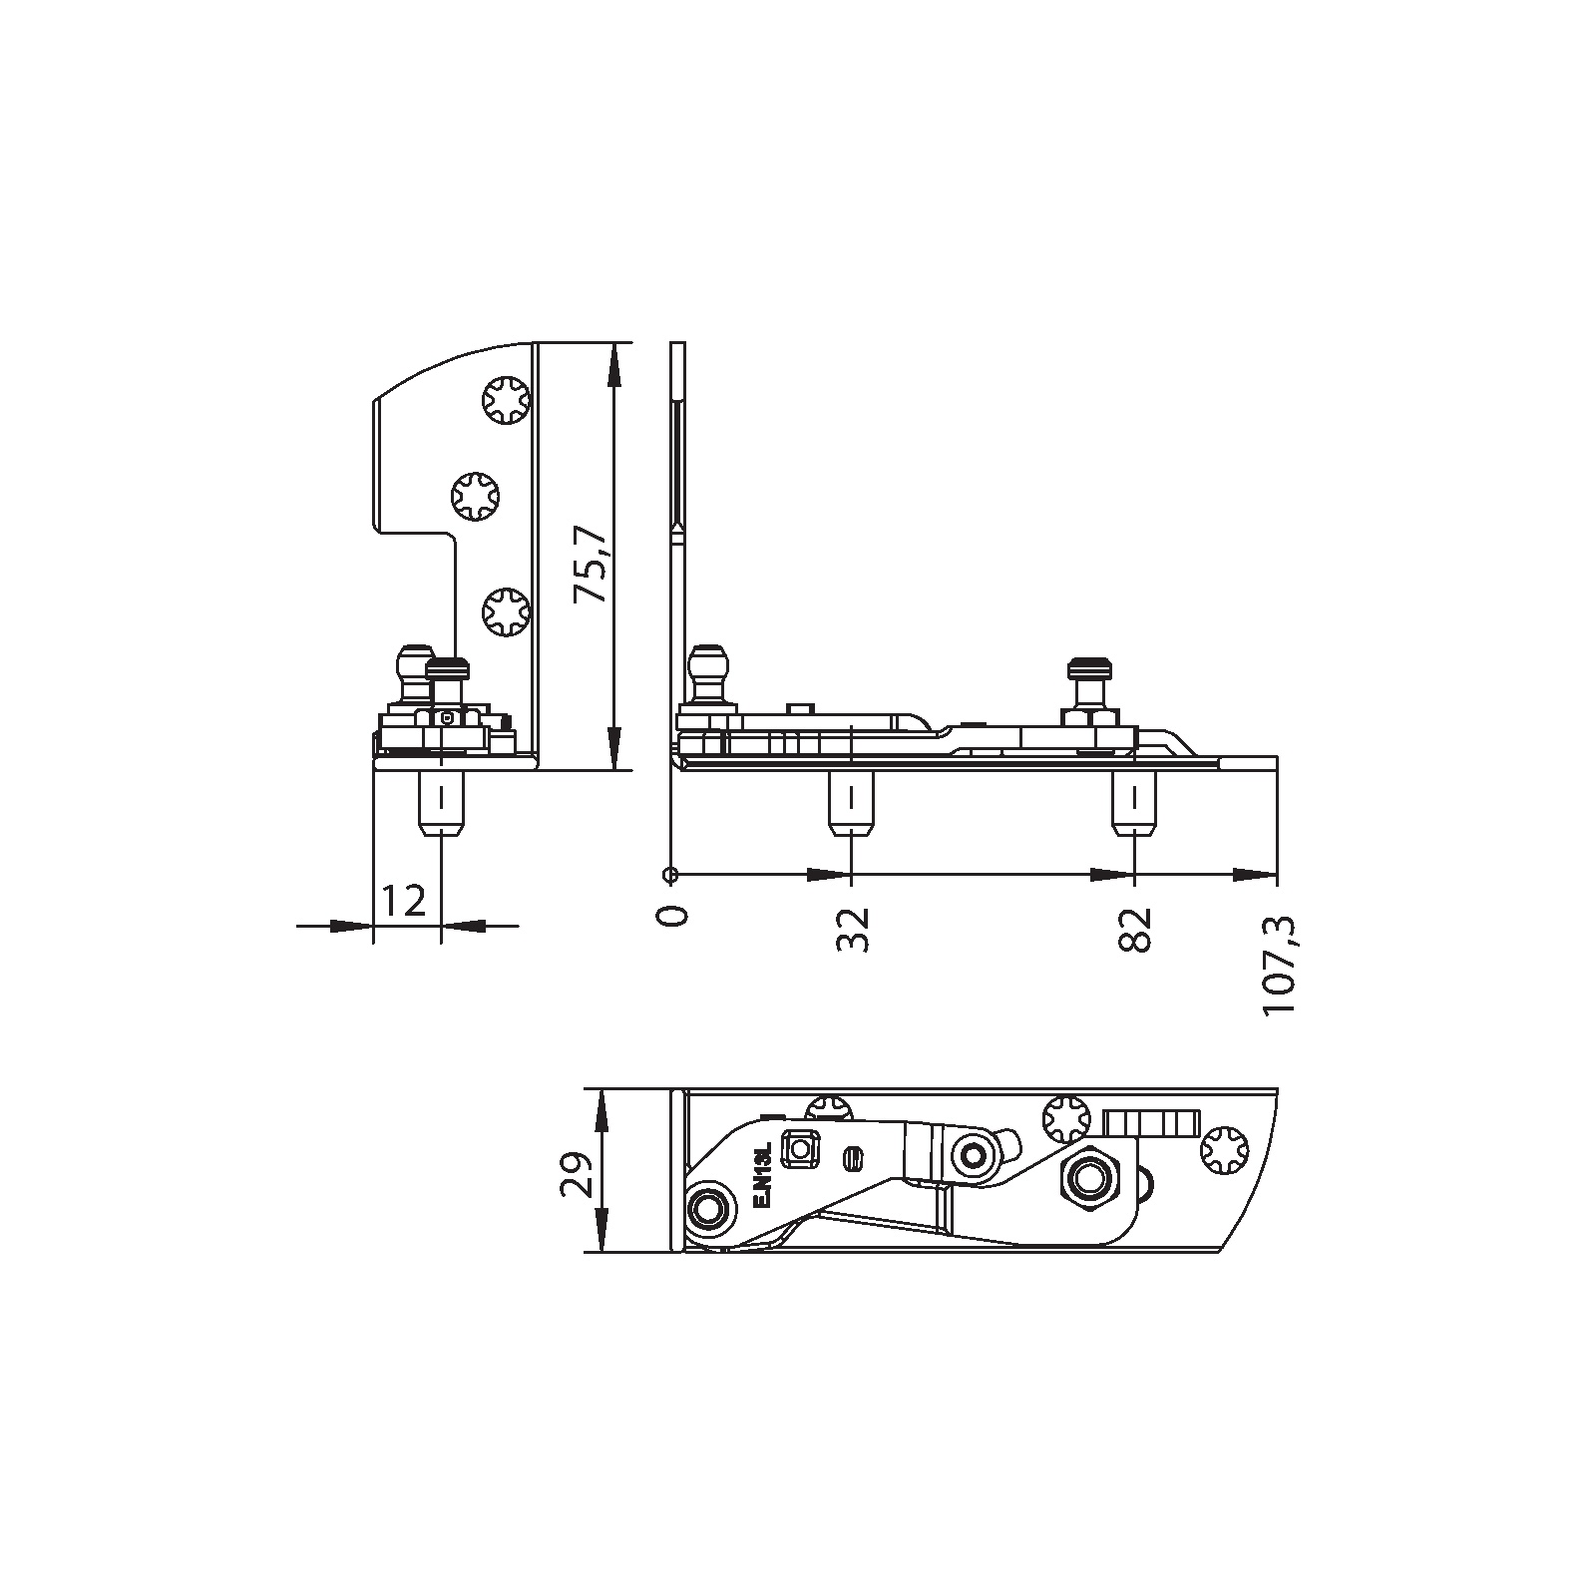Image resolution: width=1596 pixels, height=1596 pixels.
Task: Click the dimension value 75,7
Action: [591, 566]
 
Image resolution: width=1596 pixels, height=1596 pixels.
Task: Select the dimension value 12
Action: [404, 901]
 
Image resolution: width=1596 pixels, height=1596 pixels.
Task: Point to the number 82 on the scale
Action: [1136, 930]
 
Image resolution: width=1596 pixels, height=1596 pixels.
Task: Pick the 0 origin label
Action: [675, 916]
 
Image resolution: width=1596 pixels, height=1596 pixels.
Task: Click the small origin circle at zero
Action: [670, 875]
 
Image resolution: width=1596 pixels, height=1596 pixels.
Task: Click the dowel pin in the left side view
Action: [440, 804]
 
